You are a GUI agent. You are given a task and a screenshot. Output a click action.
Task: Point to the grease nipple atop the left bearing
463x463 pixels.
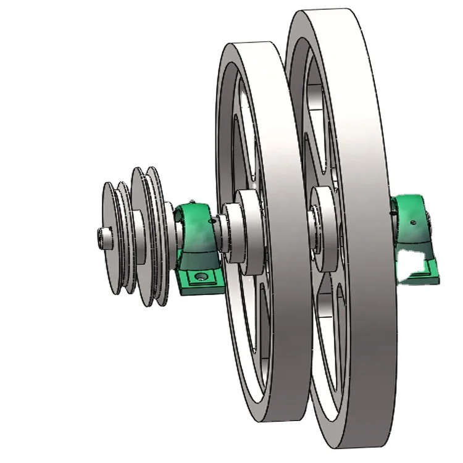(193, 202)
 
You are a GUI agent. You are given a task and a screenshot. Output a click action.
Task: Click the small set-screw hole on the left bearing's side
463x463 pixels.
(213, 219)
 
